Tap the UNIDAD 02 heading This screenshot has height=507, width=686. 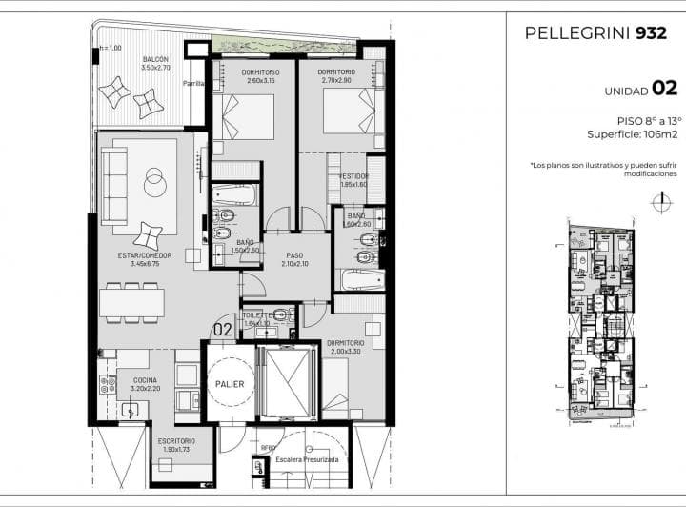[640, 89]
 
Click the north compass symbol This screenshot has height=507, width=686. [658, 201]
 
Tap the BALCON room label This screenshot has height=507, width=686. [154, 63]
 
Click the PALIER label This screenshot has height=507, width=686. [229, 384]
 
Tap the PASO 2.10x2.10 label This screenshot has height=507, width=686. [295, 259]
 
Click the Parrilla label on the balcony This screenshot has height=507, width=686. [194, 84]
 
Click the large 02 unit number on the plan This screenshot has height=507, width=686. [222, 330]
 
